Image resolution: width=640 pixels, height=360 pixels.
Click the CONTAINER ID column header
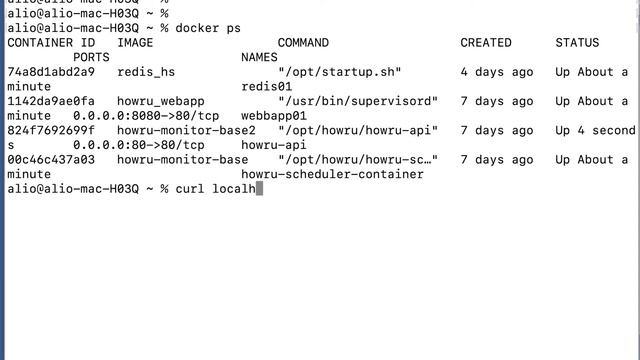[x=51, y=43]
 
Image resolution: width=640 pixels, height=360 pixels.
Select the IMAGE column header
[x=135, y=43]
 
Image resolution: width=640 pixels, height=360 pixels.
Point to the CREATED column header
[x=486, y=43]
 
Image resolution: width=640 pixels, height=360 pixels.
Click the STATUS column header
[x=577, y=43]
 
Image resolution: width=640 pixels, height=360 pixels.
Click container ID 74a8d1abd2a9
[x=51, y=72]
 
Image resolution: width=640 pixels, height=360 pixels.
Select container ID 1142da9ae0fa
[x=51, y=101]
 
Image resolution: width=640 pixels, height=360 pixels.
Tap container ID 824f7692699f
[x=51, y=130]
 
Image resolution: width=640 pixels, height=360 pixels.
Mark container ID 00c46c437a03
[x=51, y=159]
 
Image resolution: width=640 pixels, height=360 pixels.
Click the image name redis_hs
[x=146, y=72]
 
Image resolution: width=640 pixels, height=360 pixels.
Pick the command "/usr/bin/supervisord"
[x=358, y=101]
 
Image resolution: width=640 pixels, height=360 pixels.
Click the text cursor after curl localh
[x=259, y=189]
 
